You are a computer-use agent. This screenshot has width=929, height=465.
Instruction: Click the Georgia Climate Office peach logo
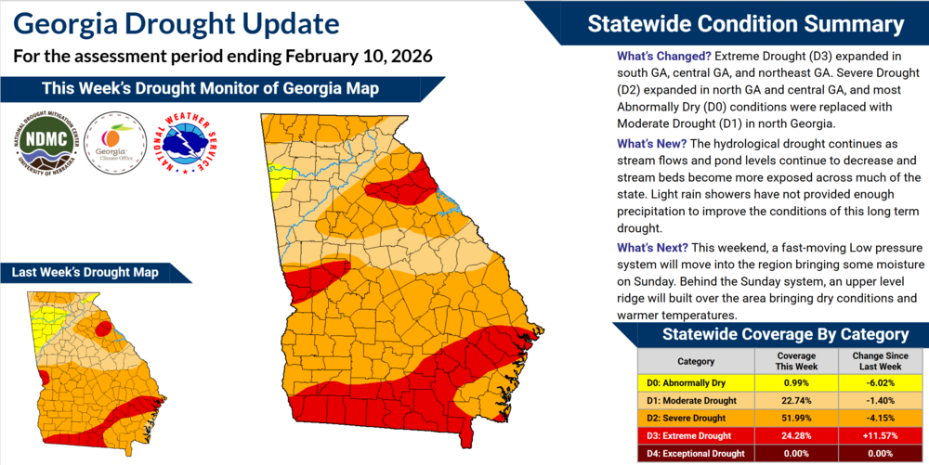(114, 140)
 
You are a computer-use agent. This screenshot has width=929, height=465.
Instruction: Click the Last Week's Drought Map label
(85, 272)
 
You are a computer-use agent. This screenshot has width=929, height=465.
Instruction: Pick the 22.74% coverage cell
(796, 400)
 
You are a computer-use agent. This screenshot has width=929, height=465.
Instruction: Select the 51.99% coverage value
(796, 418)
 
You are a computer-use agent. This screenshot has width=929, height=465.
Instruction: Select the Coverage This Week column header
(796, 361)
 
